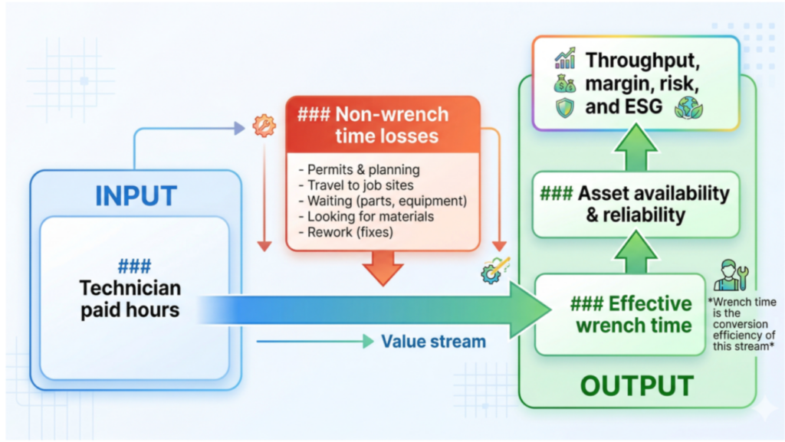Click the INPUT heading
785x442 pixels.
(136, 195)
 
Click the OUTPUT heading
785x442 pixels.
(637, 385)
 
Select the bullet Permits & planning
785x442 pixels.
(359, 169)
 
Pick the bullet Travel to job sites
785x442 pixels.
(356, 185)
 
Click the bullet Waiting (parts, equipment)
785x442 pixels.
(383, 201)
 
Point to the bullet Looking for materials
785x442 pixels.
(366, 217)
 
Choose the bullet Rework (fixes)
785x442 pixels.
(346, 232)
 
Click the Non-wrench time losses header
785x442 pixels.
(373, 125)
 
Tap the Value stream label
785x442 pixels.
(434, 342)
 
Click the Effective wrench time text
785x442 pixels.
(632, 315)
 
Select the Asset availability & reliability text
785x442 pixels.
(635, 204)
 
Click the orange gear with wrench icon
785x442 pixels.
(264, 126)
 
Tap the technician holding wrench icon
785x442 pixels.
(731, 275)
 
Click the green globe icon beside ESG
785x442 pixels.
(689, 107)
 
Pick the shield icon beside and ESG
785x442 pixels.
(565, 107)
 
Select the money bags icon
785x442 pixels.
(565, 83)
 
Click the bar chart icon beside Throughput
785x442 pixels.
(565, 58)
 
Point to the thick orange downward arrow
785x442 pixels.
(383, 268)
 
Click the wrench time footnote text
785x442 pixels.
(743, 324)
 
